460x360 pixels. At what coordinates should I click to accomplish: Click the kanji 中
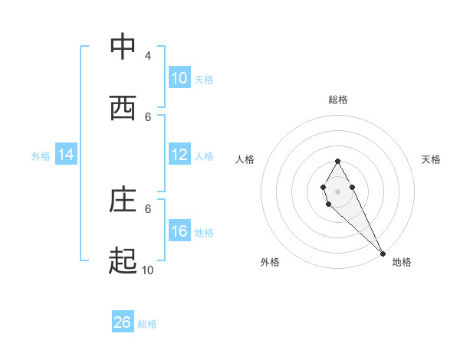click(x=123, y=47)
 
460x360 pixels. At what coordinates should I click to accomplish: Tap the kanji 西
click(x=123, y=108)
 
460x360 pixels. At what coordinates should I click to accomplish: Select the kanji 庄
click(x=123, y=200)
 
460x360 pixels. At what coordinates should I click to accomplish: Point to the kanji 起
click(x=123, y=261)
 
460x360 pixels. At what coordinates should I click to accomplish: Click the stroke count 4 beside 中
click(x=148, y=56)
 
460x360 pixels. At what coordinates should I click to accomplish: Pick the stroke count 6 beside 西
click(x=148, y=117)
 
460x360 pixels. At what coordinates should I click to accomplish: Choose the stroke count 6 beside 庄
click(x=148, y=208)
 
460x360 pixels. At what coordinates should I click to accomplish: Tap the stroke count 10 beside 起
click(x=148, y=270)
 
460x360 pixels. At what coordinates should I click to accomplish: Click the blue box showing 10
click(x=179, y=78)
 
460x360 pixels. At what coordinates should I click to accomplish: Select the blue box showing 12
click(x=179, y=155)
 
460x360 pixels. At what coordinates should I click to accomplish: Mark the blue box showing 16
click(x=179, y=231)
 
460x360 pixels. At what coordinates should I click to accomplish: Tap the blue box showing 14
click(x=66, y=155)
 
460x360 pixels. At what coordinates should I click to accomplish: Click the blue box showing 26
click(x=123, y=322)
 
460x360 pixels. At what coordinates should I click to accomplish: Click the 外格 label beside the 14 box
click(x=41, y=155)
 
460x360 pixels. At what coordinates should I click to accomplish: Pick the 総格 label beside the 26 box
click(x=147, y=323)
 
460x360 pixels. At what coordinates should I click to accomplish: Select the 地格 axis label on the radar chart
click(x=402, y=262)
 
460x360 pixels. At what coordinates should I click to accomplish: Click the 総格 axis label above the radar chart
click(x=338, y=100)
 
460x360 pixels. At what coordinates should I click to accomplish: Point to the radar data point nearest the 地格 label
click(x=383, y=253)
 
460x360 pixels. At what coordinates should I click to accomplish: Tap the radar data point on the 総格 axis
click(x=337, y=161)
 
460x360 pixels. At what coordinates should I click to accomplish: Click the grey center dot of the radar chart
click(x=337, y=190)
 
